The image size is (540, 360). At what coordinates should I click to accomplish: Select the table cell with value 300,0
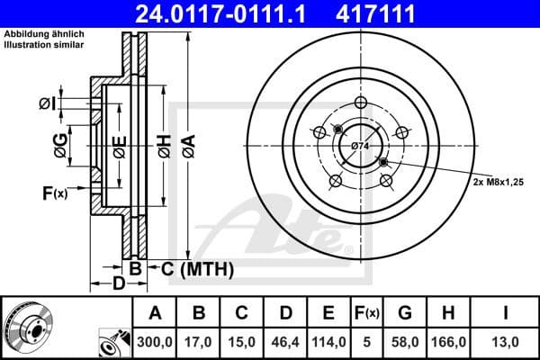[154, 342]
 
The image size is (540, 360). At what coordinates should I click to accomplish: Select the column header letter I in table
[506, 314]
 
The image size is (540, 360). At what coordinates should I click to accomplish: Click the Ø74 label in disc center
[359, 145]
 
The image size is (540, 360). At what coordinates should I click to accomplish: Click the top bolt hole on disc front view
[359, 102]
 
